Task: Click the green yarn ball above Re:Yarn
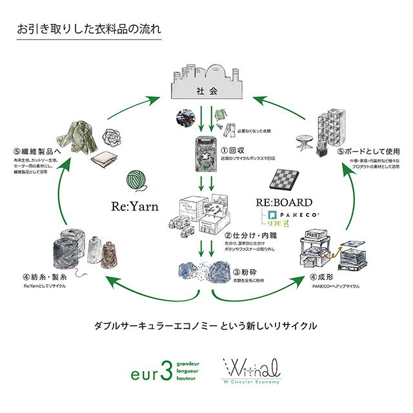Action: click(136, 180)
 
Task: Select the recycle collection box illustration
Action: click(205, 154)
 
